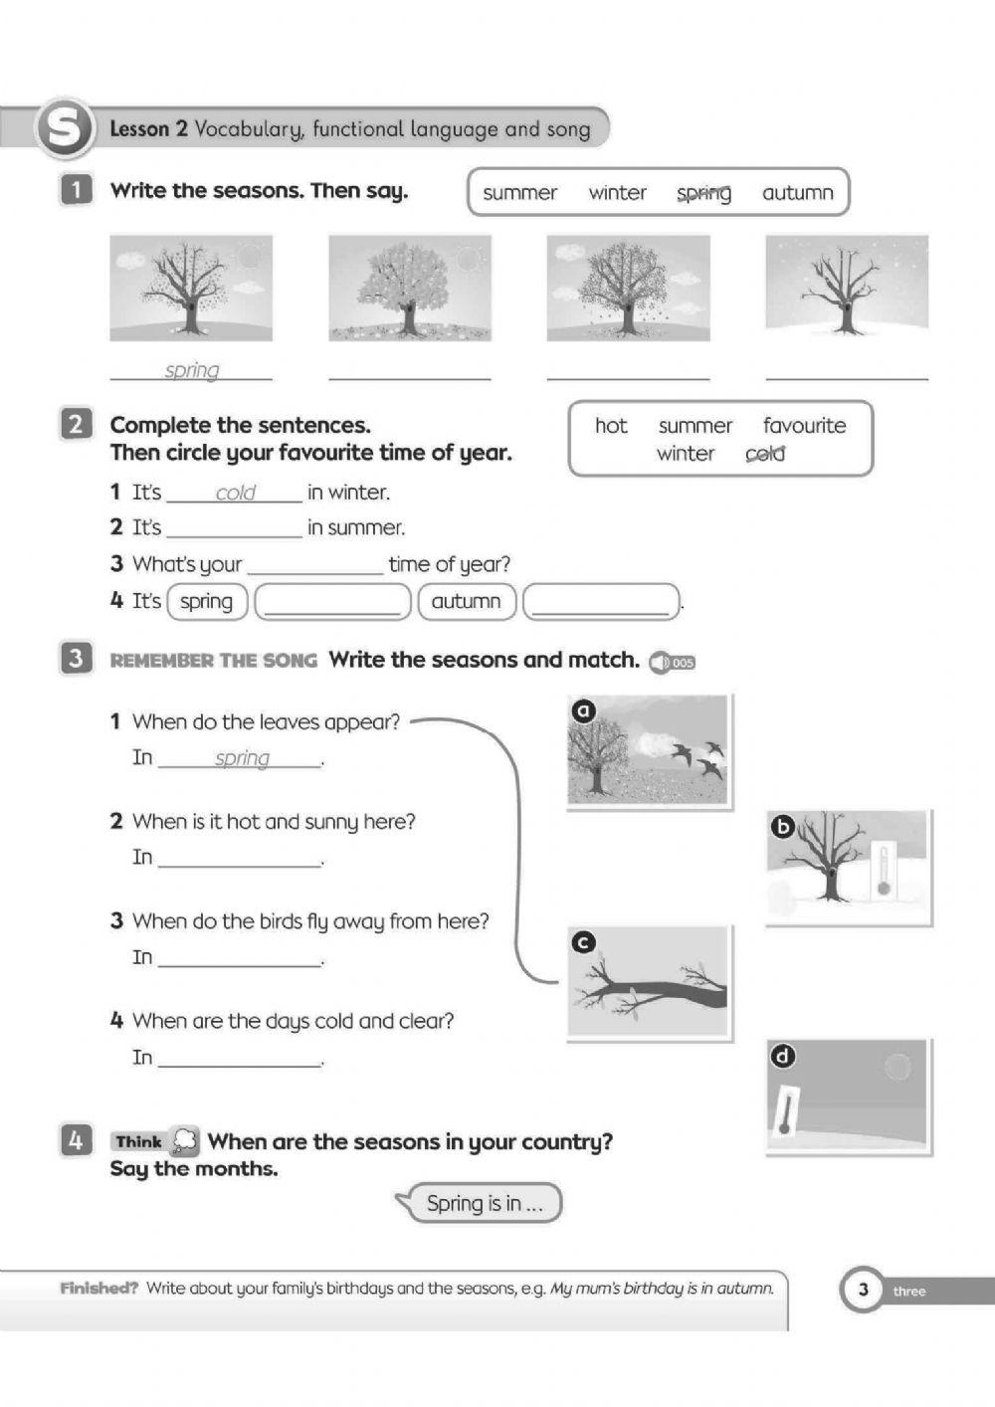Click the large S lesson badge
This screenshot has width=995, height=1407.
pyautogui.click(x=64, y=129)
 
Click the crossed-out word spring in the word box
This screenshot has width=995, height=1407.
pyautogui.click(x=703, y=193)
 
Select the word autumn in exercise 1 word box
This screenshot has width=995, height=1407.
pyautogui.click(x=797, y=193)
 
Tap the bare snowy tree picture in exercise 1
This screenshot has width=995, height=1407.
pyautogui.click(x=846, y=287)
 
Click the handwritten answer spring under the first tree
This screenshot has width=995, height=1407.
pyautogui.click(x=192, y=370)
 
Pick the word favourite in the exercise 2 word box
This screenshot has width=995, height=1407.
pyautogui.click(x=804, y=426)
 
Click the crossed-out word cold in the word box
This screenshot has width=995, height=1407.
pyautogui.click(x=765, y=454)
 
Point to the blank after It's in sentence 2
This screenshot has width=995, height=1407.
pyautogui.click(x=234, y=528)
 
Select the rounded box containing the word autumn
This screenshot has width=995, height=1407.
pyautogui.click(x=467, y=601)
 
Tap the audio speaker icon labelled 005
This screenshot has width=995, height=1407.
pyautogui.click(x=672, y=663)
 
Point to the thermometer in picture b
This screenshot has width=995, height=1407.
pyautogui.click(x=882, y=869)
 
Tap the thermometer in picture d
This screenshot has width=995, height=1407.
pyautogui.click(x=787, y=1110)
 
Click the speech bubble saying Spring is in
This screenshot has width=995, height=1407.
pyautogui.click(x=484, y=1203)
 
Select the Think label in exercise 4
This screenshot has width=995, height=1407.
pyautogui.click(x=138, y=1141)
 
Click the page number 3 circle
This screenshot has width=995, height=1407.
pyautogui.click(x=863, y=1291)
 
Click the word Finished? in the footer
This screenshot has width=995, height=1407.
pyautogui.click(x=99, y=1288)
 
